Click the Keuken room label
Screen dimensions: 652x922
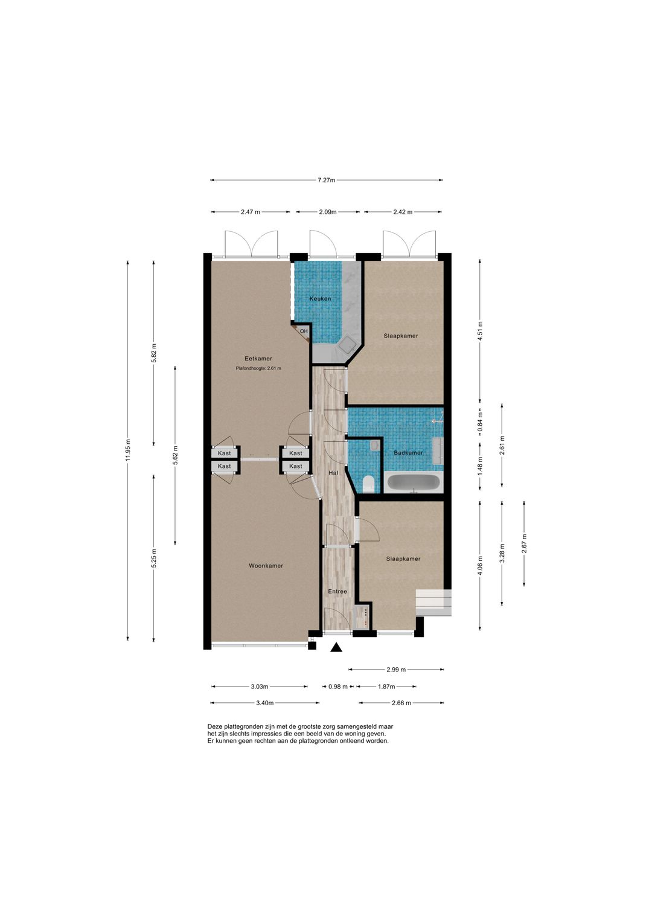(x=320, y=299)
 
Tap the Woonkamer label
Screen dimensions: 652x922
(x=266, y=566)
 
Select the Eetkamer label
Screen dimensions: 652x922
(x=258, y=359)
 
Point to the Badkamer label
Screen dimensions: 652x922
(x=408, y=453)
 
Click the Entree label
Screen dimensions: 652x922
(x=337, y=592)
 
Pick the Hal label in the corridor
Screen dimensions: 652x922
(x=333, y=473)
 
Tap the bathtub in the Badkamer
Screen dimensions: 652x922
(x=414, y=482)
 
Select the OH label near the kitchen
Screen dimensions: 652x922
(x=304, y=331)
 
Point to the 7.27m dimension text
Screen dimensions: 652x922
(x=327, y=180)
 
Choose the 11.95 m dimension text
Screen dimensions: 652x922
(x=128, y=450)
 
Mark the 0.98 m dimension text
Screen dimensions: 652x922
(x=338, y=686)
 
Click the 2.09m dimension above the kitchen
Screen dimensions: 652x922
(x=328, y=212)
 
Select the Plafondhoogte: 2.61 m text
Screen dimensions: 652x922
(x=258, y=368)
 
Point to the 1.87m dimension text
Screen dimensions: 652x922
(x=386, y=686)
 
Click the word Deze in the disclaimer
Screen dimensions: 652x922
(x=214, y=726)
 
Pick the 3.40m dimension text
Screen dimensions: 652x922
(x=264, y=703)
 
